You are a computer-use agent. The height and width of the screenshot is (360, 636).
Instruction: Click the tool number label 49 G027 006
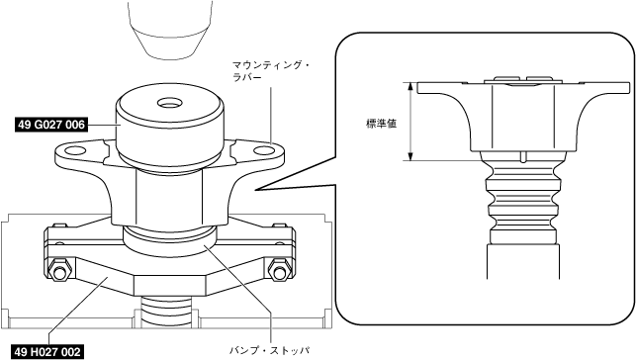pyautogui.click(x=51, y=125)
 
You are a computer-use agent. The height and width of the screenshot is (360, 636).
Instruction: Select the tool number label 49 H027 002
pyautogui.click(x=47, y=352)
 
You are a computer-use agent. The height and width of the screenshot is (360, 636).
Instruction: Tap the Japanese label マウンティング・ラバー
pyautogui.click(x=271, y=71)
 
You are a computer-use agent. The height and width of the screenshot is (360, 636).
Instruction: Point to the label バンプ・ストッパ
pyautogui.click(x=270, y=350)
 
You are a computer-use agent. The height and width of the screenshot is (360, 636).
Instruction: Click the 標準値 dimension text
pyautogui.click(x=381, y=124)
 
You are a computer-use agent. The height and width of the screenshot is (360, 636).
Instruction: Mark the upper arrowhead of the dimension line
pyautogui.click(x=410, y=86)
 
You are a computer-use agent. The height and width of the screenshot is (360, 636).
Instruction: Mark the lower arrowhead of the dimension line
pyautogui.click(x=410, y=156)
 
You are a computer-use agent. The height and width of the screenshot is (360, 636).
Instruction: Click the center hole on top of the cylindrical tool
pyautogui.click(x=168, y=103)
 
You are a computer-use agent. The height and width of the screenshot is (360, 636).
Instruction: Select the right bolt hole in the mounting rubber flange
pyautogui.click(x=264, y=150)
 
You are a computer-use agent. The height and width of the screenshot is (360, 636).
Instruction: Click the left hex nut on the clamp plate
pyautogui.click(x=59, y=271)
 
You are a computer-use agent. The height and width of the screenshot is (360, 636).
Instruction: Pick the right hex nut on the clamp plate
pyautogui.click(x=280, y=271)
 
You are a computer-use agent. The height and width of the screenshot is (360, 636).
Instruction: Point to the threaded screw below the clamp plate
pyautogui.click(x=166, y=311)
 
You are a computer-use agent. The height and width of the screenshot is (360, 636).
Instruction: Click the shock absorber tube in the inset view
pyautogui.click(x=523, y=261)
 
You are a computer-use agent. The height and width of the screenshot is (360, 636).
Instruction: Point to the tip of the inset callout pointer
pyautogui.click(x=256, y=189)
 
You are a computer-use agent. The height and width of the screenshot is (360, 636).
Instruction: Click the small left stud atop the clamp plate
pyautogui.click(x=59, y=225)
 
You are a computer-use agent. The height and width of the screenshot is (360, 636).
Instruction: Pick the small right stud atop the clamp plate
pyautogui.click(x=278, y=225)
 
